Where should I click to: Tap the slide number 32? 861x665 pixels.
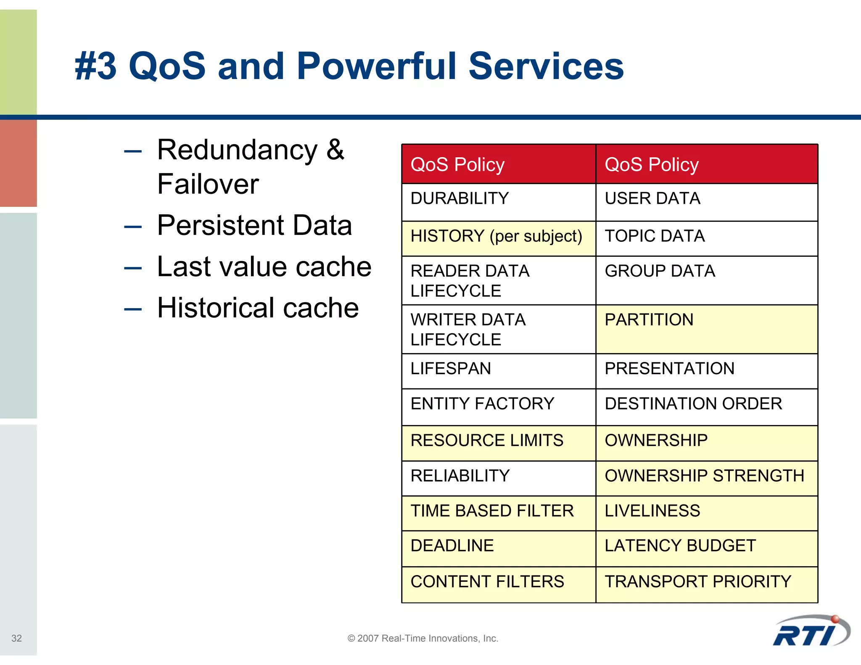click(x=16, y=638)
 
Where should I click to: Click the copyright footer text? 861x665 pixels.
click(x=423, y=638)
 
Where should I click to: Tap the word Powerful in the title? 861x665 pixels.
click(x=376, y=66)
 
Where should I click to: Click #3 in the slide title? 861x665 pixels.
click(x=95, y=66)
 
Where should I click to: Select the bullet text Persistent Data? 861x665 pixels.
click(x=254, y=225)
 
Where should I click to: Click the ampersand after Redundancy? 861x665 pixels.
click(x=335, y=149)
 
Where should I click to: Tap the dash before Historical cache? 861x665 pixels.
click(x=133, y=310)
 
